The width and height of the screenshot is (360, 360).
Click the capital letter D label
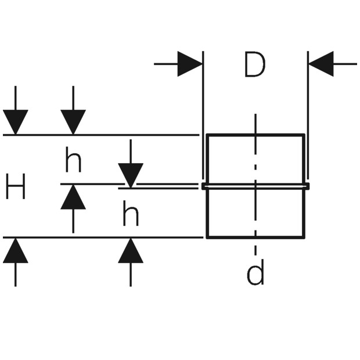[255, 64]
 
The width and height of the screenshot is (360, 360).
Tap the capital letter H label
[15, 186]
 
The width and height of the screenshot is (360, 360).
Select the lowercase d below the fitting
[255, 272]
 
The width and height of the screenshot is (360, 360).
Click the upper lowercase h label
[73, 160]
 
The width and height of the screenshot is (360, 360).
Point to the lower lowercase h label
[131, 213]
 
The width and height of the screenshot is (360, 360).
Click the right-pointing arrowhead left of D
[190, 64]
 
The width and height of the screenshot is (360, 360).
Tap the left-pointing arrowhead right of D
[321, 64]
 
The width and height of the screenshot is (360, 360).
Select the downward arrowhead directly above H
[15, 122]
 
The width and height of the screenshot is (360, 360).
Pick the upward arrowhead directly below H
[15, 250]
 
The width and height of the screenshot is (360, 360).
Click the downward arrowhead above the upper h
[73, 122]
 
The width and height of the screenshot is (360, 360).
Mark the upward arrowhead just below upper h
[73, 197]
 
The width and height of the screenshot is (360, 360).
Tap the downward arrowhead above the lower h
[131, 175]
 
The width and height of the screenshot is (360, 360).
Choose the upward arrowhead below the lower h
[131, 250]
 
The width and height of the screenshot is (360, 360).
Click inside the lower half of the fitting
[232, 213]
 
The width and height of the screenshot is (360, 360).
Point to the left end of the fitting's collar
[203, 186]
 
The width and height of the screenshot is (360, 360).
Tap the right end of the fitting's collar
[308, 186]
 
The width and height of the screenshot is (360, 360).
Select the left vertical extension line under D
[203, 115]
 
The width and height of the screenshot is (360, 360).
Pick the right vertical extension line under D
[308, 115]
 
